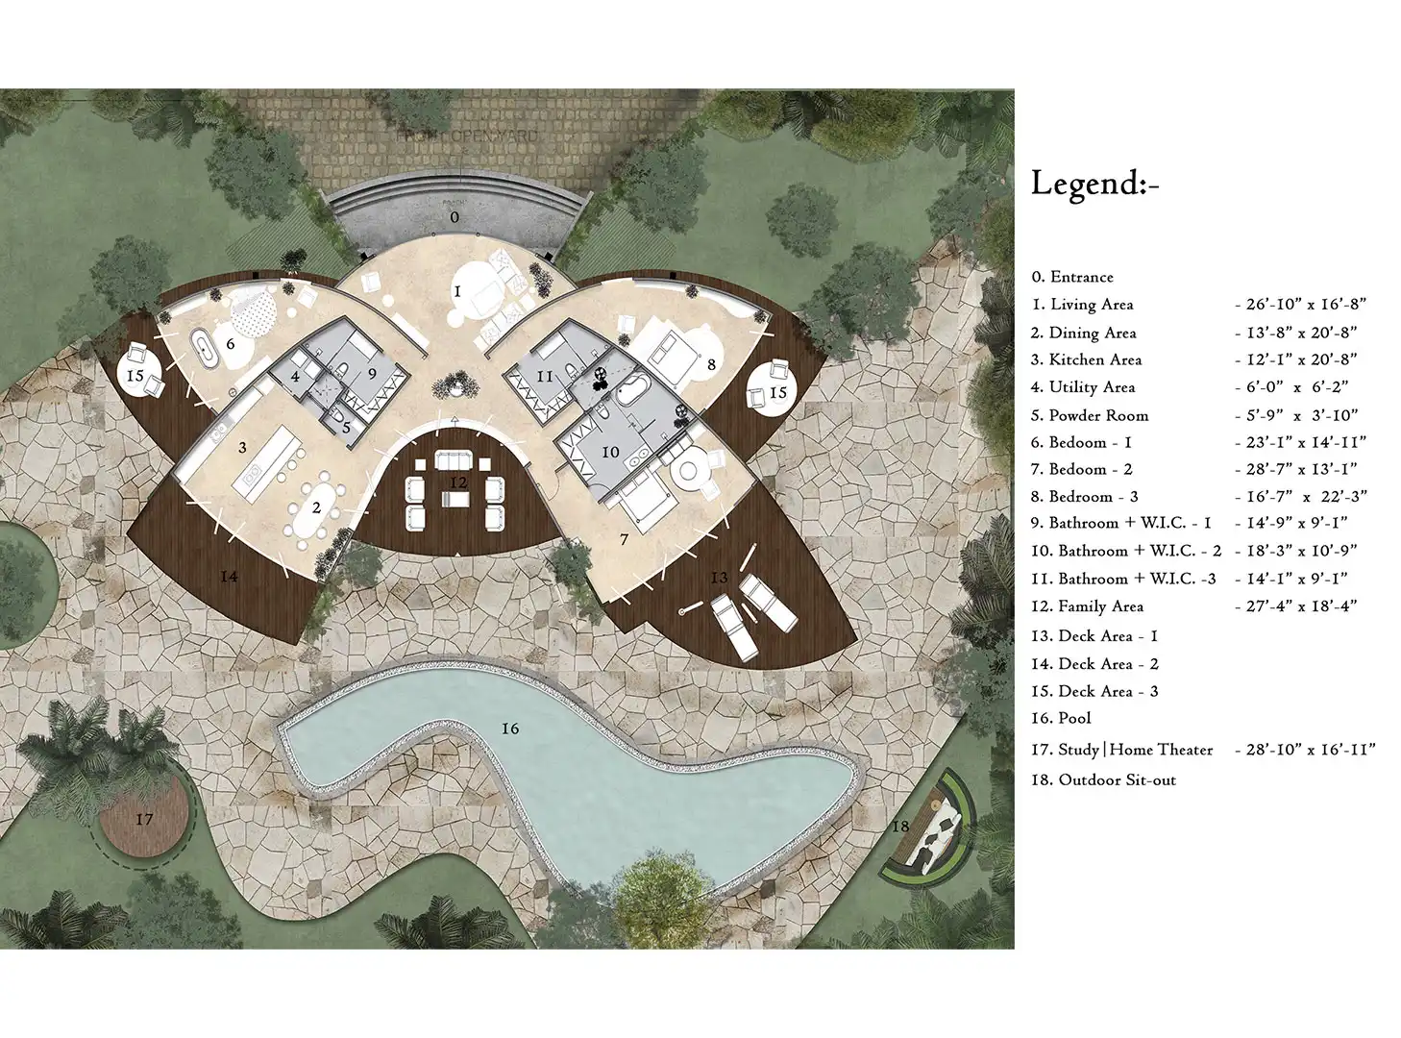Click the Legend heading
point(1094,184)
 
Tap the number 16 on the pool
point(509,729)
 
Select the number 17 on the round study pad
point(145,820)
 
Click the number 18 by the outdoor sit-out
point(900,826)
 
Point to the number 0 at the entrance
point(455,217)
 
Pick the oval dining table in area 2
point(316,507)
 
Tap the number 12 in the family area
point(458,482)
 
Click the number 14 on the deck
point(229,576)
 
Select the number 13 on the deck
point(719,578)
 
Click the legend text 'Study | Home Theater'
point(1135,750)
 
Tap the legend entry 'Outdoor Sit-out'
point(1117,780)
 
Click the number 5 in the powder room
point(346,428)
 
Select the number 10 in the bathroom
point(610,453)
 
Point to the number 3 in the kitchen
point(242,448)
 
